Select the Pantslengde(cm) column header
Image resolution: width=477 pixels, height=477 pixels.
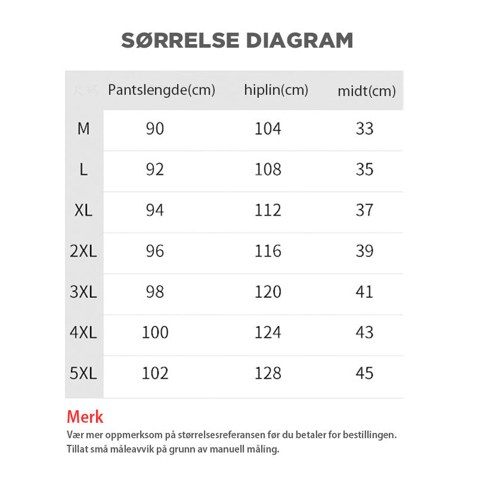pyautogui.click(x=162, y=90)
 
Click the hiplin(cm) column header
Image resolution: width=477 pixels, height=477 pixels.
pyautogui.click(x=276, y=90)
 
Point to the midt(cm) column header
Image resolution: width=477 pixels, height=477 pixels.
pyautogui.click(x=367, y=91)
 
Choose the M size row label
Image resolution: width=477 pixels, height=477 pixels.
pyautogui.click(x=83, y=128)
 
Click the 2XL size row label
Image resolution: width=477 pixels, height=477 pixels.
pyautogui.click(x=83, y=251)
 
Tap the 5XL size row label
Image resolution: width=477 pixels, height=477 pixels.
pyautogui.click(x=83, y=373)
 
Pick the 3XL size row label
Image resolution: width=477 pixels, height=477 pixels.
pyautogui.click(x=83, y=292)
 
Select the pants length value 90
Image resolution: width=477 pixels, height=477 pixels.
pyautogui.click(x=155, y=128)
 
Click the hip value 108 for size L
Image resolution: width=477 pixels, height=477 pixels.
pyautogui.click(x=268, y=169)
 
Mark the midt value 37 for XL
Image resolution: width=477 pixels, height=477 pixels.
pyautogui.click(x=364, y=210)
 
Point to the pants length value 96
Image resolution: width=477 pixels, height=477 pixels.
pyautogui.click(x=155, y=251)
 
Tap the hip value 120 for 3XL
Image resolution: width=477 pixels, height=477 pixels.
pyautogui.click(x=268, y=292)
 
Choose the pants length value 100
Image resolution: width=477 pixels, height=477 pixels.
pyautogui.click(x=155, y=332)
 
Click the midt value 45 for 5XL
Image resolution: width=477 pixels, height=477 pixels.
pyautogui.click(x=364, y=373)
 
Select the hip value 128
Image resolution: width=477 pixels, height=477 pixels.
pyautogui.click(x=268, y=373)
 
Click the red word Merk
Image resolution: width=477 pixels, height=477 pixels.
pyautogui.click(x=85, y=417)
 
